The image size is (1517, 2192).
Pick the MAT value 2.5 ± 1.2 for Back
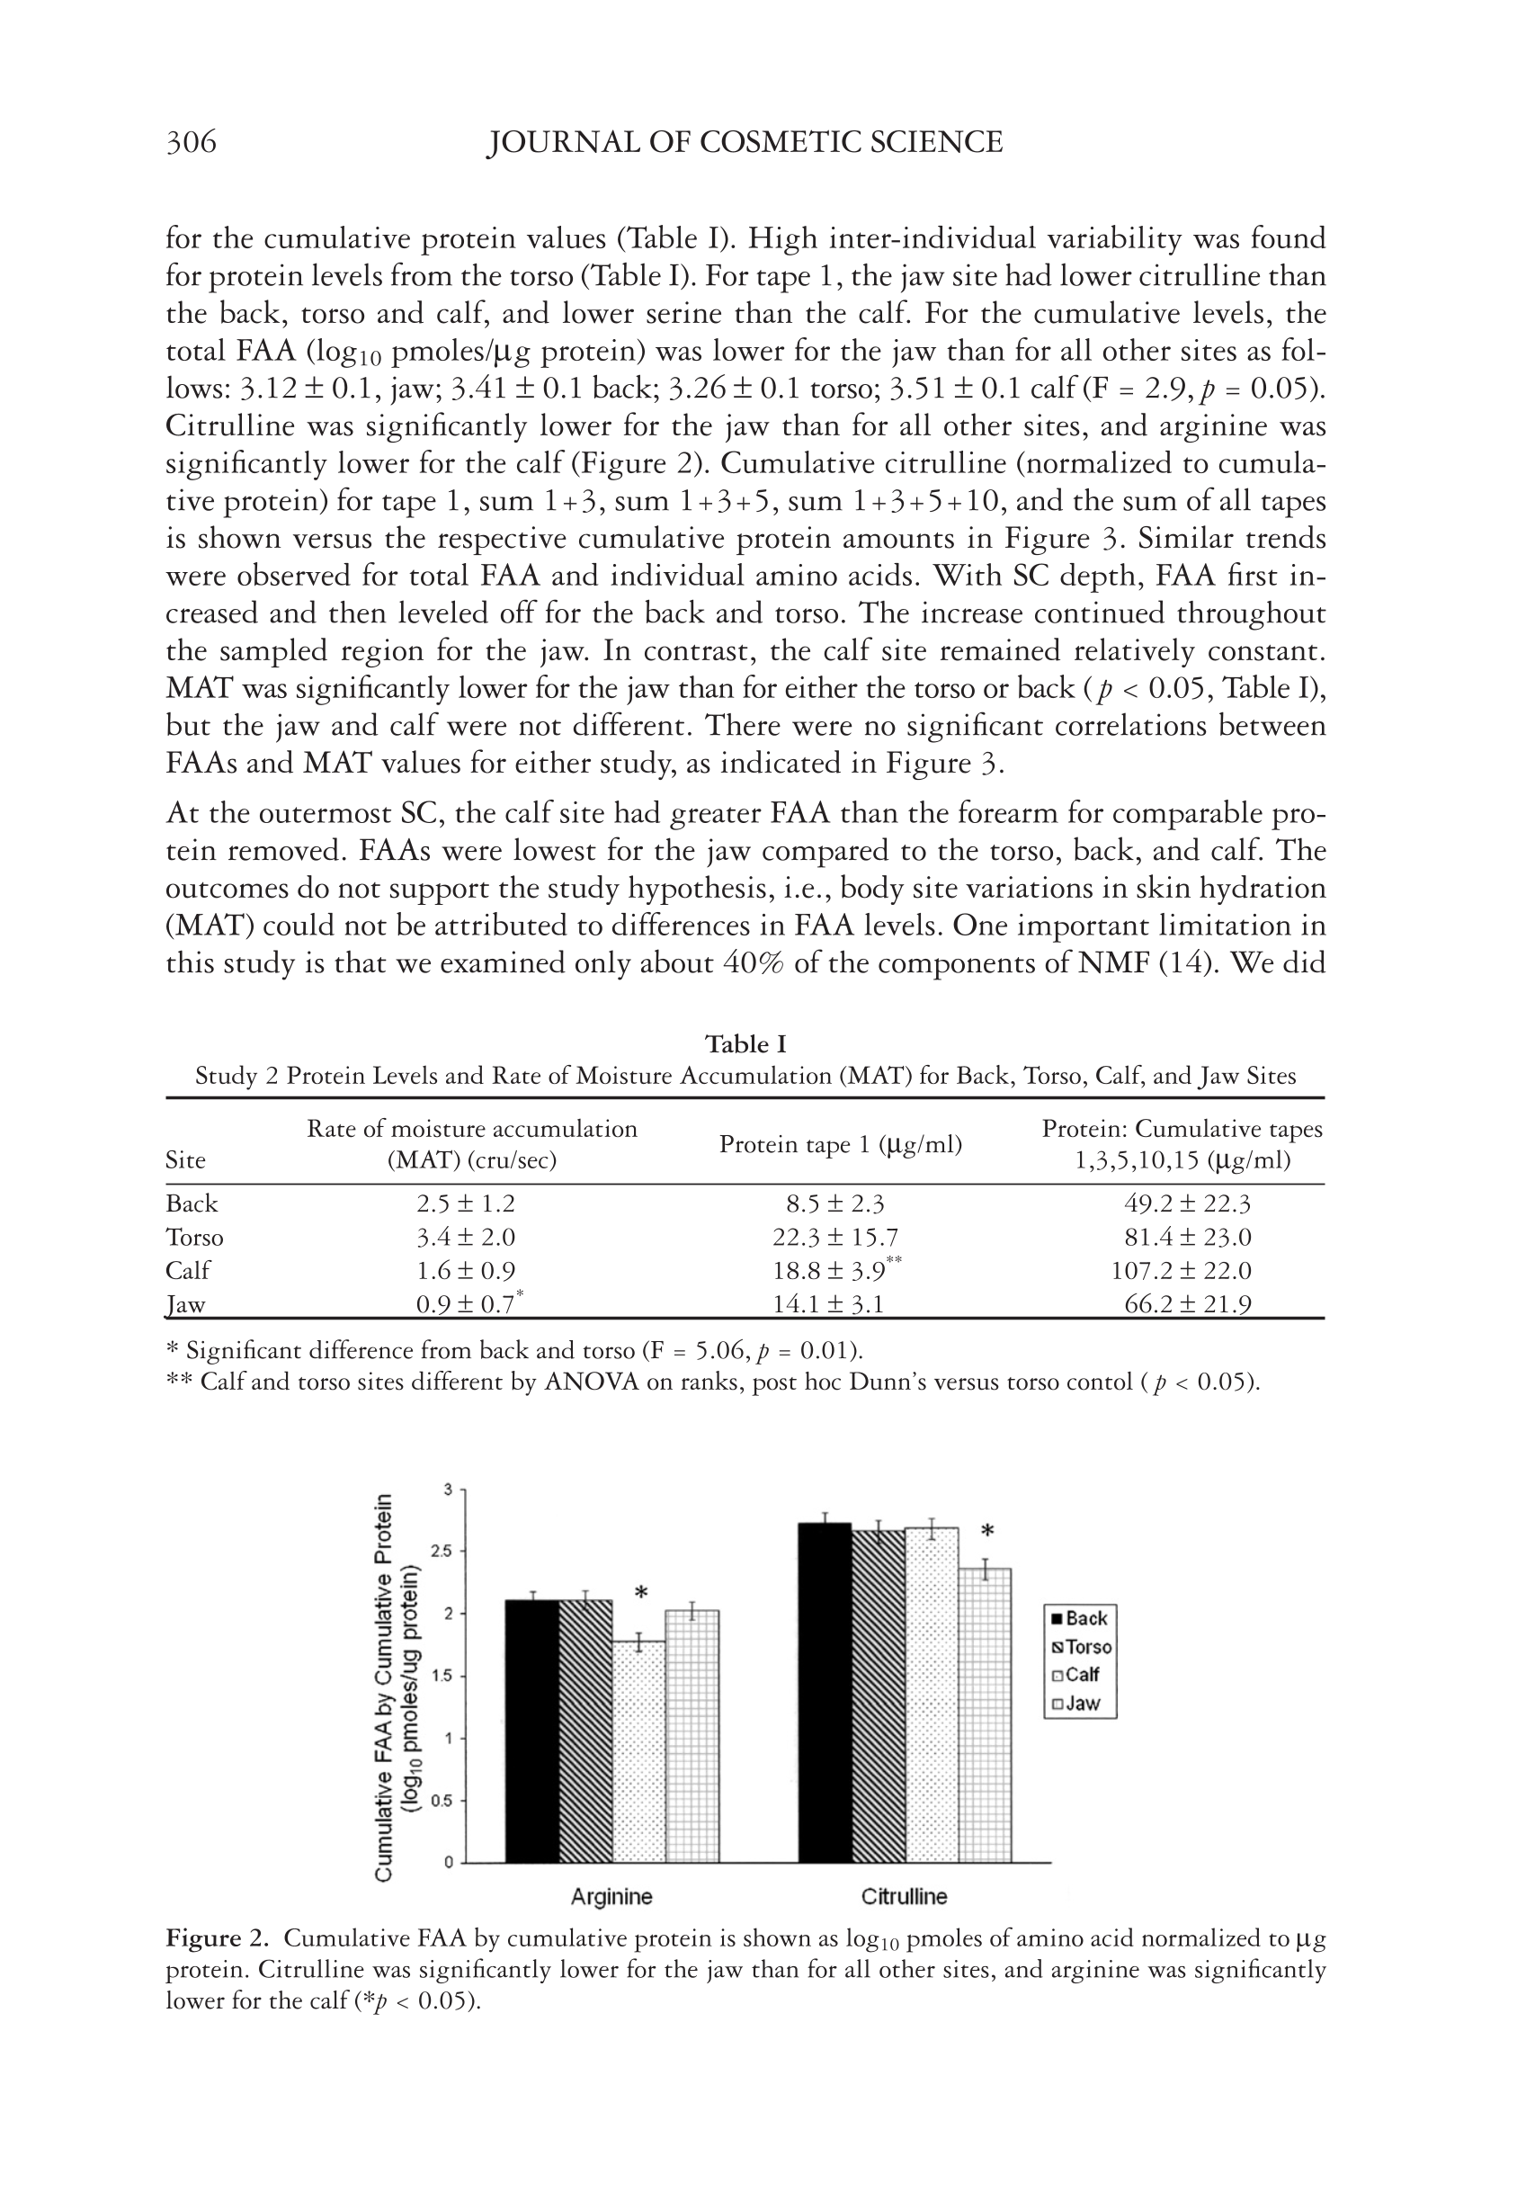click(x=466, y=1204)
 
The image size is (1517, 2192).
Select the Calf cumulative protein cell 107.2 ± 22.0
click(x=1181, y=1271)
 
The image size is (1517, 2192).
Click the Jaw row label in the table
click(x=185, y=1304)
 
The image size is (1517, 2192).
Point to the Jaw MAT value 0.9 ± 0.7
click(x=466, y=1304)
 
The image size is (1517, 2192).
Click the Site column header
click(x=185, y=1160)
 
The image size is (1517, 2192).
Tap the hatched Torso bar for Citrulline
click(x=878, y=1696)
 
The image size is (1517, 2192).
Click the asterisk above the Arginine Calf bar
click(x=641, y=1592)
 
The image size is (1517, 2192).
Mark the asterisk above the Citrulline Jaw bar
click(x=987, y=1532)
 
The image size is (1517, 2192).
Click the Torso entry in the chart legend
click(x=1080, y=1646)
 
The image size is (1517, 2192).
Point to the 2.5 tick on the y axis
click(x=440, y=1552)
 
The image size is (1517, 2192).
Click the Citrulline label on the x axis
click(x=904, y=1896)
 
